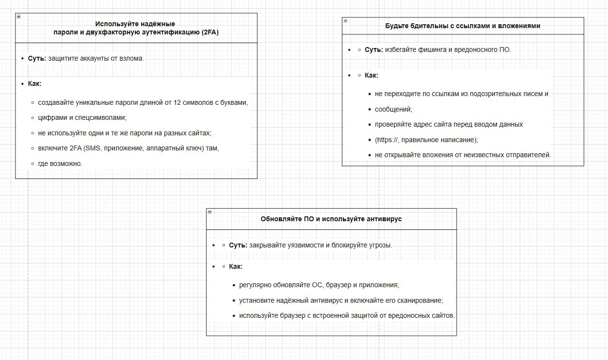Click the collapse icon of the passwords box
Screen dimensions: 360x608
pos(18,16)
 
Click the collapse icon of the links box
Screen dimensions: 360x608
pos(345,20)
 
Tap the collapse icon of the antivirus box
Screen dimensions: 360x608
pos(209,212)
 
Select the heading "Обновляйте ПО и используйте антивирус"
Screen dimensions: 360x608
pos(331,219)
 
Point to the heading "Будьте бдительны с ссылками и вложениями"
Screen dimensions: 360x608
pos(463,26)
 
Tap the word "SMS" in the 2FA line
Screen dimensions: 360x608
pos(93,148)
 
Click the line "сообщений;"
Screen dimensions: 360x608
pos(393,109)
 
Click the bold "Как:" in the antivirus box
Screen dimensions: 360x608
pos(236,266)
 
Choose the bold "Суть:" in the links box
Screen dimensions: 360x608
pos(374,49)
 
